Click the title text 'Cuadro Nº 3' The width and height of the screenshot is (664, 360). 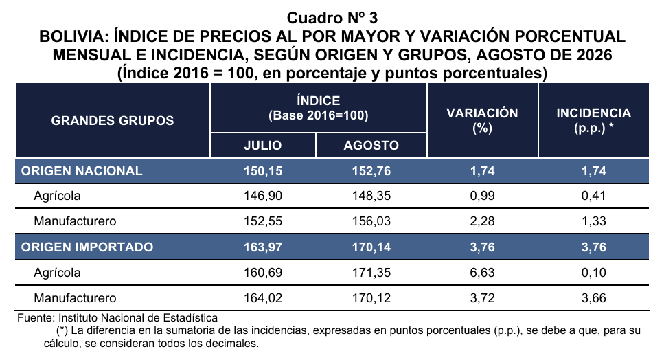pos(332,18)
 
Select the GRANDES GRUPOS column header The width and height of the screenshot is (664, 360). pos(113,121)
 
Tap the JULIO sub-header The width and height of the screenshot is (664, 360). pos(263,145)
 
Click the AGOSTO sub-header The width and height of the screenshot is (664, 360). pos(371,145)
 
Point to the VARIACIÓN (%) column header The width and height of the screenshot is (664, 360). pos(482,120)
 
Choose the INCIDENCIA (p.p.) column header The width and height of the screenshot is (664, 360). pos(594,120)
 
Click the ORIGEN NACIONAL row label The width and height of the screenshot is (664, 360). pos(82,170)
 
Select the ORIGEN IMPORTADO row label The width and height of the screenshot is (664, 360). pos(87,247)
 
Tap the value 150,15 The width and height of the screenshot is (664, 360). pos(263,170)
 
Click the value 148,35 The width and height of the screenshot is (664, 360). pos(371,196)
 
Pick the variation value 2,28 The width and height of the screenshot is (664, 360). pos(482,221)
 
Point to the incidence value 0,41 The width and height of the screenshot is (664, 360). pos(594,196)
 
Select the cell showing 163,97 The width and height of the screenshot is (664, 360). pos(263,247)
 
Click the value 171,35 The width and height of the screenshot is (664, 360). pos(371,272)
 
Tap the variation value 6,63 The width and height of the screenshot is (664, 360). pos(482,272)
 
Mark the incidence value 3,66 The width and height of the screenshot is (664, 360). pos(594,297)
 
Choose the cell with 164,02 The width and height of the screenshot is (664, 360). pos(263,297)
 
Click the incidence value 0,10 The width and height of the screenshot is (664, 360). pos(594,272)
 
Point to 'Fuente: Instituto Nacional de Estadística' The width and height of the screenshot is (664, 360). pos(117,317)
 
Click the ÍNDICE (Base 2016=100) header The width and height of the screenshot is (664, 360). pos(319,108)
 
